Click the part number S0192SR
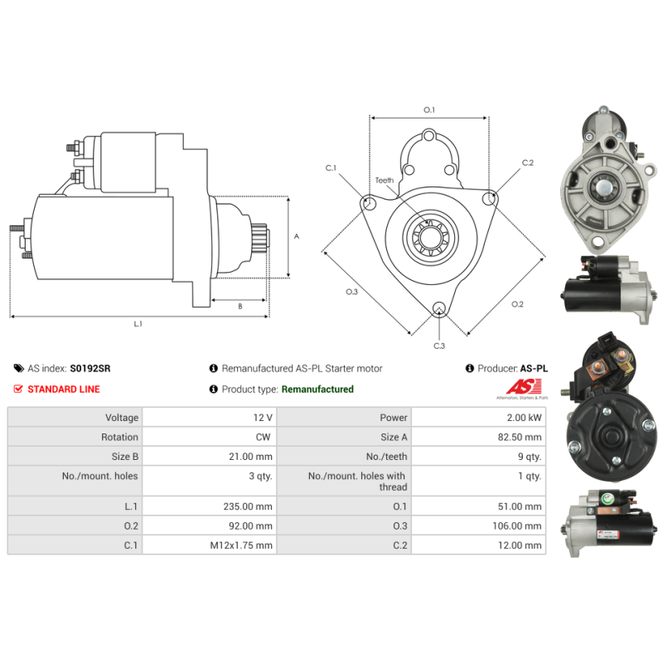click(x=90, y=368)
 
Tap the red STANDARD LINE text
click(x=64, y=389)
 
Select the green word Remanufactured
click(x=317, y=389)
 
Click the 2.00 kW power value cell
click(x=479, y=418)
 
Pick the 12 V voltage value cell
click(x=210, y=418)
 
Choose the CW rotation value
click(x=263, y=437)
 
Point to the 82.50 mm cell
click(x=479, y=437)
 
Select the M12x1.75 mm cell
click(x=210, y=545)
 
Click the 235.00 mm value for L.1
click(x=248, y=506)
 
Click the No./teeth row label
click(x=386, y=457)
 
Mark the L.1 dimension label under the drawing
click(x=138, y=324)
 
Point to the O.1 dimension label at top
click(x=429, y=110)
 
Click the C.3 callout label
click(x=439, y=346)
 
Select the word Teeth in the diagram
click(x=385, y=180)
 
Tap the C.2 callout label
click(x=528, y=162)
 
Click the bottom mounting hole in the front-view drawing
click(x=439, y=308)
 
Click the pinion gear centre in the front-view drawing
click(x=429, y=237)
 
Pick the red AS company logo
click(x=524, y=386)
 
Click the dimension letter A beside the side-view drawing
click(x=297, y=236)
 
